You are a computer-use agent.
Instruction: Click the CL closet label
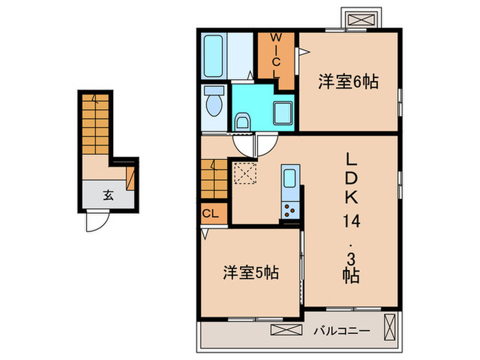[210, 214]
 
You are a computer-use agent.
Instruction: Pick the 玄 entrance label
[108, 194]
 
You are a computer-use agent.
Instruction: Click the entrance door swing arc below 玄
[95, 221]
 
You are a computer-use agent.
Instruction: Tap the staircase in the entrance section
[95, 123]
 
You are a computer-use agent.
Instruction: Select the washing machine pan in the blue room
[282, 112]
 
